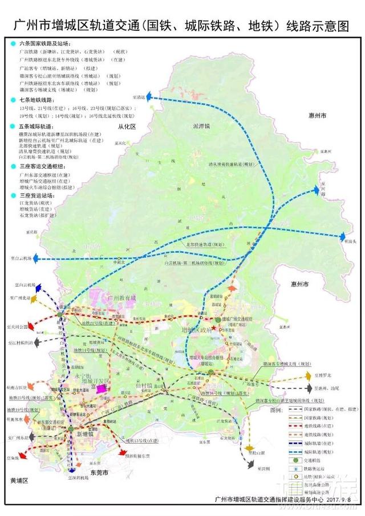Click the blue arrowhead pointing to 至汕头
coord(343,236)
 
